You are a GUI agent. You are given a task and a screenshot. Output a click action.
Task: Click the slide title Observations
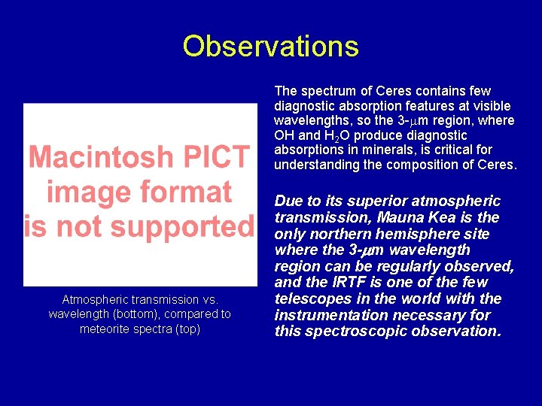coord(270,47)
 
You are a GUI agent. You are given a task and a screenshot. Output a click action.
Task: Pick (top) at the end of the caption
coord(184,329)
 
